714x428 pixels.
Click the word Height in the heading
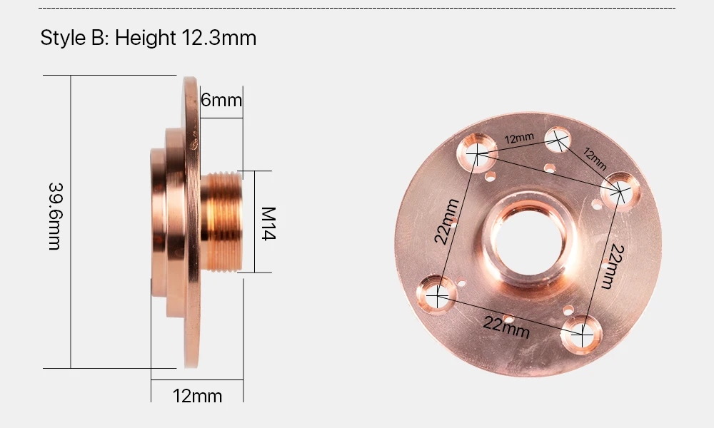(x=145, y=37)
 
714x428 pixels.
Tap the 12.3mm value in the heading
(x=219, y=37)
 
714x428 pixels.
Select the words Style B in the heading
(x=74, y=37)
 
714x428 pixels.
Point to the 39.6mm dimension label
(x=55, y=217)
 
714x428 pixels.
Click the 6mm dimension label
(x=221, y=100)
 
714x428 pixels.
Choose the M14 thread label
(x=268, y=223)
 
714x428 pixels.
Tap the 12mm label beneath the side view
(x=197, y=396)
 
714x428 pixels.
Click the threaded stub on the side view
(x=221, y=222)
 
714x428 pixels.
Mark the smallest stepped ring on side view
(x=158, y=223)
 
